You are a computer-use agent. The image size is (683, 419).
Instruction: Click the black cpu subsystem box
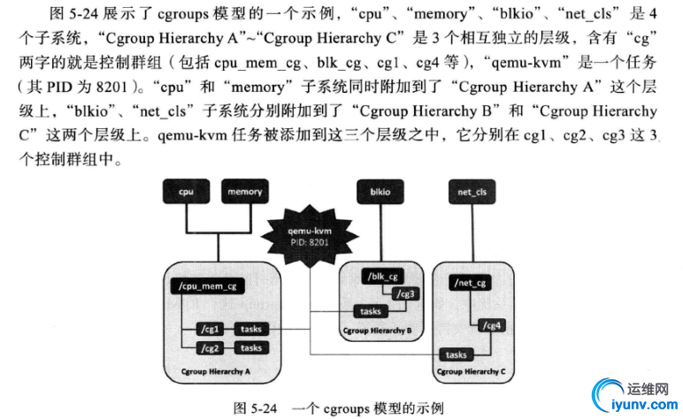point(185,191)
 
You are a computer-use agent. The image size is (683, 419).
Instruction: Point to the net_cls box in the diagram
point(471,191)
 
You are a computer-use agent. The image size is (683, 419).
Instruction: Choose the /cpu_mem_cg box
point(206,286)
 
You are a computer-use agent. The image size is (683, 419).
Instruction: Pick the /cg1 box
point(210,330)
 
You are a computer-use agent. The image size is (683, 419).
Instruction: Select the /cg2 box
point(210,348)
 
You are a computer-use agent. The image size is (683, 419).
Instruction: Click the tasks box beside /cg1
point(251,330)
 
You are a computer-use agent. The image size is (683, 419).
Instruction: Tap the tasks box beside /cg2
point(251,348)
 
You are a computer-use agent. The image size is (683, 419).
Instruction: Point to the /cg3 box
point(406,294)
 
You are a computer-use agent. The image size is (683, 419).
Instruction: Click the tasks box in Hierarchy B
point(370,311)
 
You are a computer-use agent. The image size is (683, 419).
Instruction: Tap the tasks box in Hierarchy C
point(457,354)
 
